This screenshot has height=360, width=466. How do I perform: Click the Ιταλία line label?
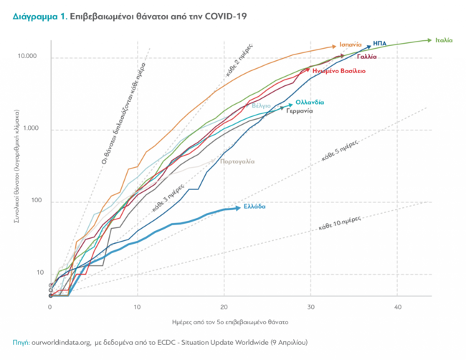tap(444, 40)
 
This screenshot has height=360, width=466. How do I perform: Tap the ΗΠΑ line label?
tap(380, 44)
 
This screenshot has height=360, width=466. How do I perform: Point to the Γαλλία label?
tap(368, 56)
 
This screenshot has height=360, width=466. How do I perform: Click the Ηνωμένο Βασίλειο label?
tap(339, 71)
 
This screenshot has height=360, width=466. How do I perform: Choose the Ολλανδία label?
tap(310, 102)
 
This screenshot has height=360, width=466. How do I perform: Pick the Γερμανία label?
tap(300, 111)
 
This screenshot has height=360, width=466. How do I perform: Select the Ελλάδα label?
tap(255, 207)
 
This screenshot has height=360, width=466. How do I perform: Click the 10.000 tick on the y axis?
tap(28, 57)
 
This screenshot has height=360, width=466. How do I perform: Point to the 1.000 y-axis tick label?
tap(30, 129)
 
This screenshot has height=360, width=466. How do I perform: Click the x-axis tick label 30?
tap(310, 307)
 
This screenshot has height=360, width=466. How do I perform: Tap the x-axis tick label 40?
tap(397, 307)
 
